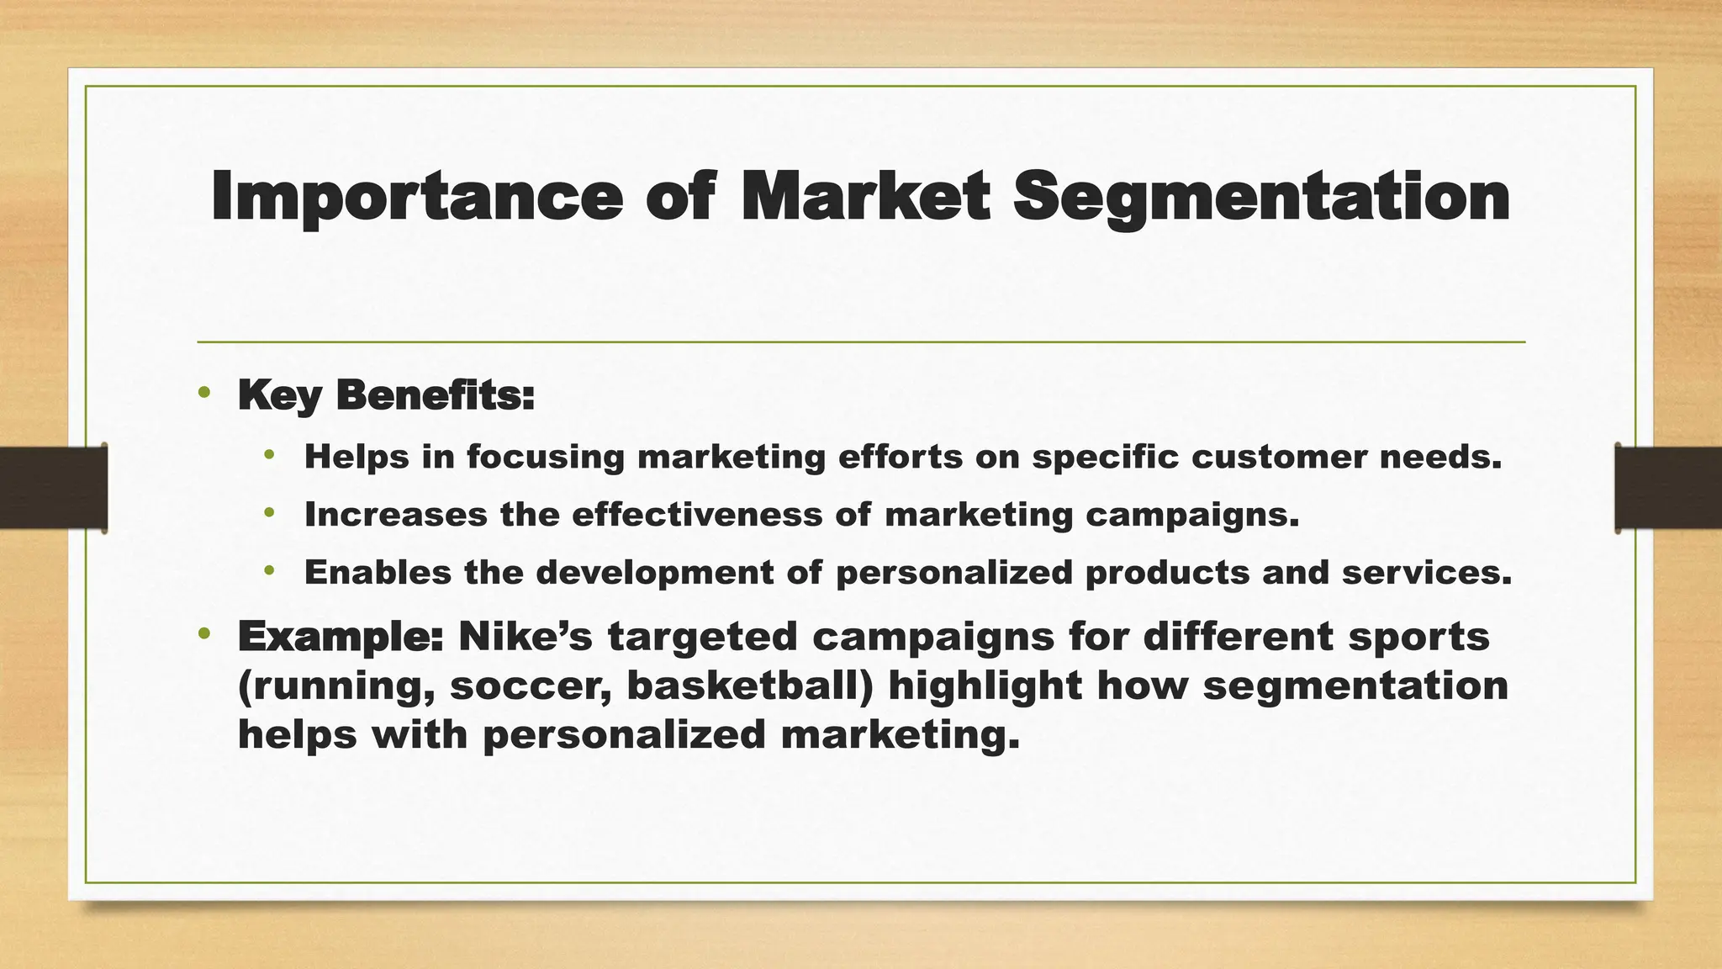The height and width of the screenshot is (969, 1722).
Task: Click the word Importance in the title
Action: point(416,197)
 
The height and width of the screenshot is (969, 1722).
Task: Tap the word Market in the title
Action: point(865,197)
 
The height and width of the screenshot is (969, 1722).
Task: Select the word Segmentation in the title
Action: point(1260,197)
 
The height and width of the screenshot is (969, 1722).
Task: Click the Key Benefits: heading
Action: point(386,394)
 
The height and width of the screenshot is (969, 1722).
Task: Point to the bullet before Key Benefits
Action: point(203,392)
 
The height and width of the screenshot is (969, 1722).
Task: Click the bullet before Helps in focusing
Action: point(269,455)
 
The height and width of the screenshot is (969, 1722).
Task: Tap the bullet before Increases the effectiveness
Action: point(269,512)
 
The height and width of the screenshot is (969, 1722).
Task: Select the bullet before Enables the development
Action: point(269,570)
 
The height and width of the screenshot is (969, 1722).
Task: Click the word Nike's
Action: point(526,636)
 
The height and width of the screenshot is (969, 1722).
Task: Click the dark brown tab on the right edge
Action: point(1668,488)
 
